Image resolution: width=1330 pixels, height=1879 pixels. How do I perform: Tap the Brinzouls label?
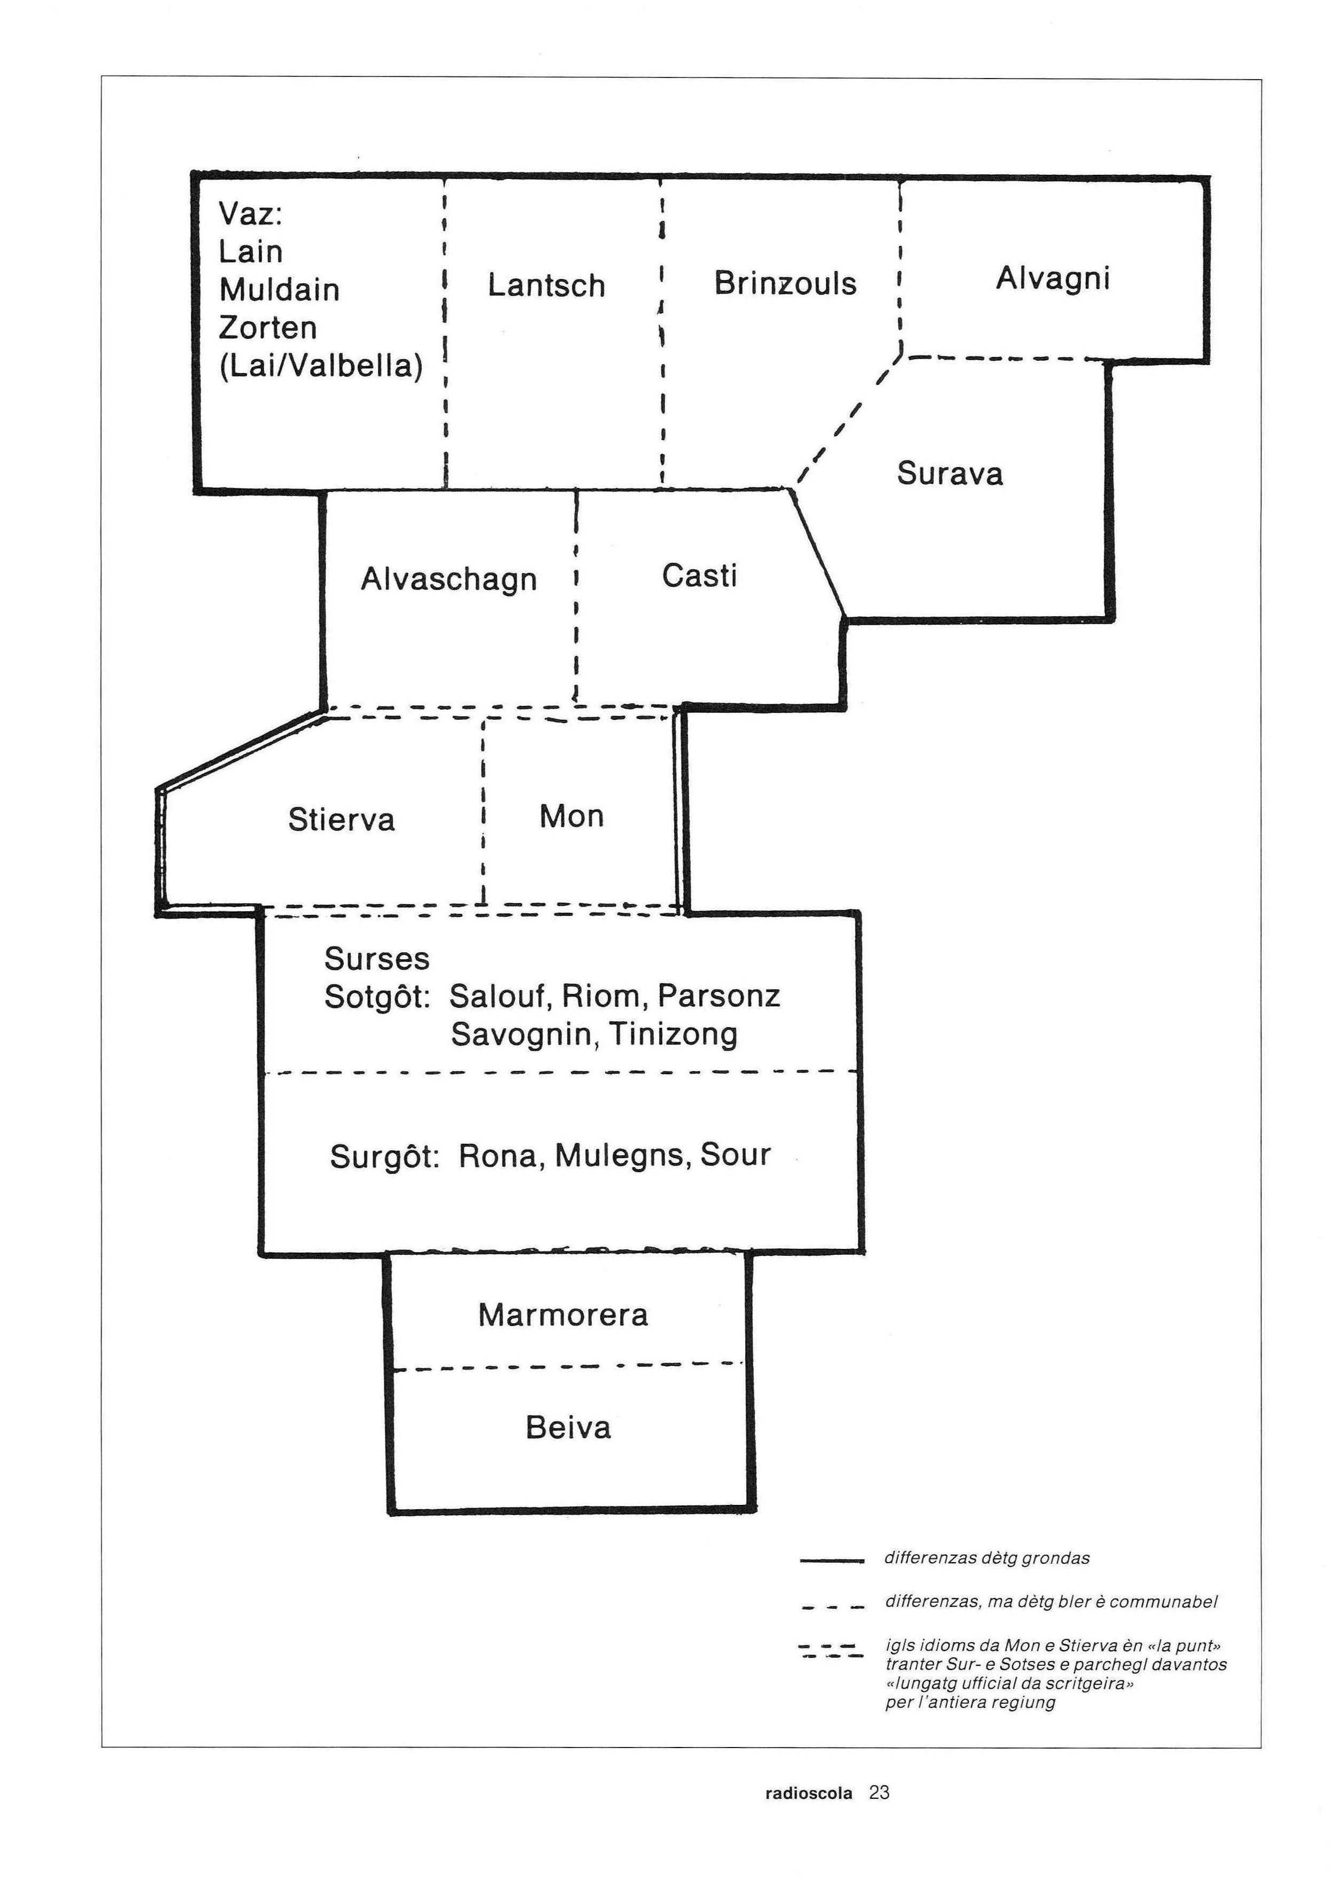coord(785,283)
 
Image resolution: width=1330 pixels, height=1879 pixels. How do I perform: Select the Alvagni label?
coord(1053,279)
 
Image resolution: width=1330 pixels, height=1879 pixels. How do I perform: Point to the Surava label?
coord(949,473)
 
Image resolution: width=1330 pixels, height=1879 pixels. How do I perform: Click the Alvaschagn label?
coord(449,580)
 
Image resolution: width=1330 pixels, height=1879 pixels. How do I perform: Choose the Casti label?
coord(699,576)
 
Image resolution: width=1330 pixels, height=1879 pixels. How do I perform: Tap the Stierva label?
coord(342,820)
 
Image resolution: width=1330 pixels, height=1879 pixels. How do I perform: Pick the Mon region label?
coord(571,816)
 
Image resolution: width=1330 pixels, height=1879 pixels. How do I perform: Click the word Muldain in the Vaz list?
coord(279,290)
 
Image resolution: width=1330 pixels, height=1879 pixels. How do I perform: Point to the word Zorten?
coord(268,328)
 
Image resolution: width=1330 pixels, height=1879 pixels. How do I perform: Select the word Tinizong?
coord(673,1035)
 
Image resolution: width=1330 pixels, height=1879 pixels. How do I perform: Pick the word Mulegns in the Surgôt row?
coord(623,1156)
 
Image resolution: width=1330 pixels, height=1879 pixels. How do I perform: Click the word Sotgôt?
coord(377,997)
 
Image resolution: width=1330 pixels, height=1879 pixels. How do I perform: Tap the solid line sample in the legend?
coord(832,1562)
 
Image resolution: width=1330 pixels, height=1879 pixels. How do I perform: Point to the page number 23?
coord(879,1793)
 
